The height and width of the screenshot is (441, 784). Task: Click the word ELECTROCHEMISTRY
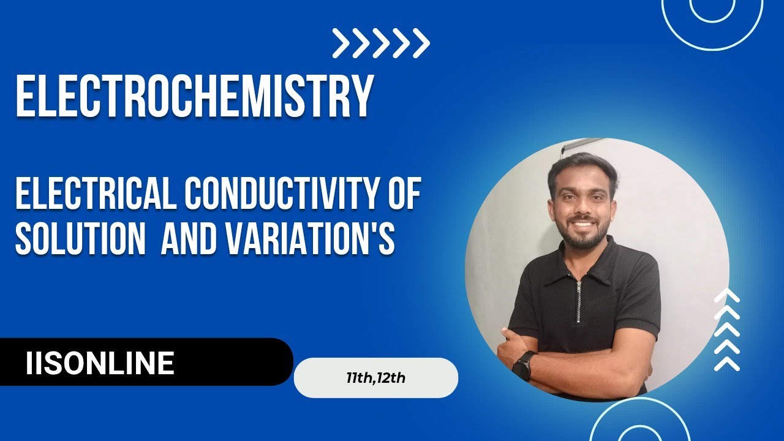194,97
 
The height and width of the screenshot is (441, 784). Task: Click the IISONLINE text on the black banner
100,363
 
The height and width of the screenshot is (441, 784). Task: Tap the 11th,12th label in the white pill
375,378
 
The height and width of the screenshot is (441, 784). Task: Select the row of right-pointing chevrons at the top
381,43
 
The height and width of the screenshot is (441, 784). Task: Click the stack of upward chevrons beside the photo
727,331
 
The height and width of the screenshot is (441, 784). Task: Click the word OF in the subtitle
404,197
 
